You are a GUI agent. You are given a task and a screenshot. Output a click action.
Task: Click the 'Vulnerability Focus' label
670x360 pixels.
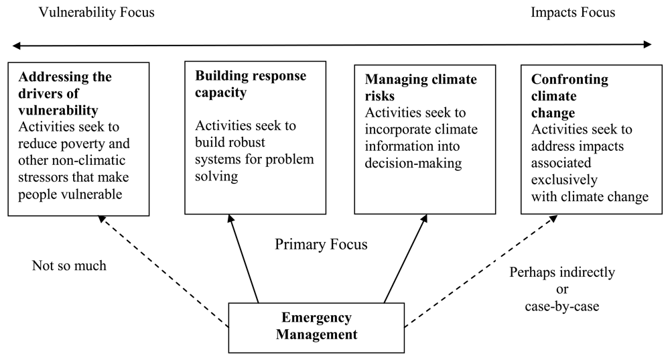click(x=97, y=13)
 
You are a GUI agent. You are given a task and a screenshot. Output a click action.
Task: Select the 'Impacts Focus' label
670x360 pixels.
click(x=572, y=13)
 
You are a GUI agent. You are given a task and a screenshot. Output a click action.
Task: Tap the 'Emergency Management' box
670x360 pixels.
click(x=316, y=326)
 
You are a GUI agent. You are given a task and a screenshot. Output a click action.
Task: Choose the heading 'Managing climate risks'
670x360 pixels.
click(x=421, y=88)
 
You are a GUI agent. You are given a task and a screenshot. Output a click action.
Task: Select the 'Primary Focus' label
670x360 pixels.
click(x=321, y=245)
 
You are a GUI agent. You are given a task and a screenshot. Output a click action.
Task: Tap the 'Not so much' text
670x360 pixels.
click(x=69, y=265)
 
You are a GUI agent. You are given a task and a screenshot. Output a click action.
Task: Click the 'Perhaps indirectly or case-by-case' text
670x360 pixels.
click(x=562, y=289)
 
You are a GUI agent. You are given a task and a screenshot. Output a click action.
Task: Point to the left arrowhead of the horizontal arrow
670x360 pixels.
click(x=17, y=45)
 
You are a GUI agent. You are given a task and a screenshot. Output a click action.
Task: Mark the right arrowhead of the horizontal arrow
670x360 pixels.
click(x=647, y=45)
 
